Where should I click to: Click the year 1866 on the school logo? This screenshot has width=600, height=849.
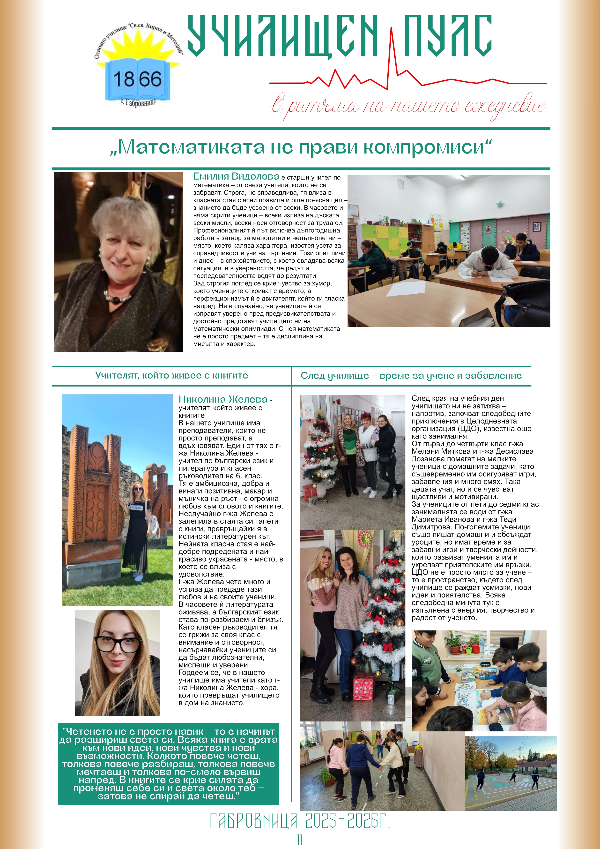137,79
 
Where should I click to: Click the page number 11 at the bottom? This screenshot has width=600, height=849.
299,839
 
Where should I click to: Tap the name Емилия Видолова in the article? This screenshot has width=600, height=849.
236,176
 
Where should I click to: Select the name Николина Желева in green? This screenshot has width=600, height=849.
223,399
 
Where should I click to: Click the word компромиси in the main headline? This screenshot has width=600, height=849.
428,147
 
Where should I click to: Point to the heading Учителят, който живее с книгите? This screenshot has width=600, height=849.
171,375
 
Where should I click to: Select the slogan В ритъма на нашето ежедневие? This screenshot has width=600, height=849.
408,106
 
